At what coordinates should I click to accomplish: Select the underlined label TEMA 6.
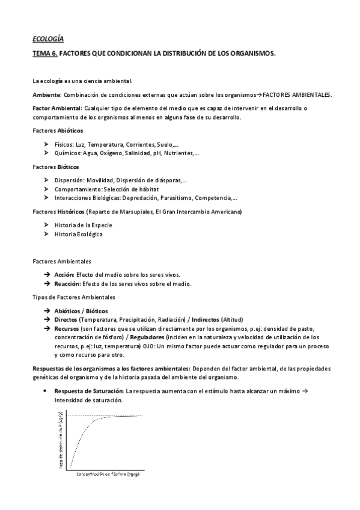45,54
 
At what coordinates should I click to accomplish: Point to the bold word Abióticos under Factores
70,131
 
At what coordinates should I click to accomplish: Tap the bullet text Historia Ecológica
78,234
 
